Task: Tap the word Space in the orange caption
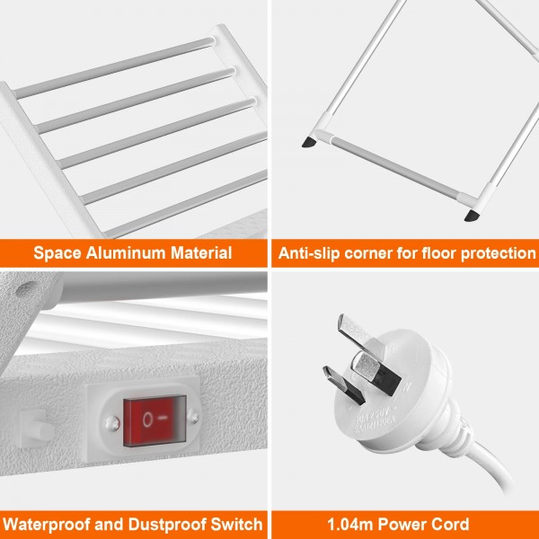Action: (55, 253)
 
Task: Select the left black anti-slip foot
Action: (310, 141)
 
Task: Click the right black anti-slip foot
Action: (470, 216)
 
